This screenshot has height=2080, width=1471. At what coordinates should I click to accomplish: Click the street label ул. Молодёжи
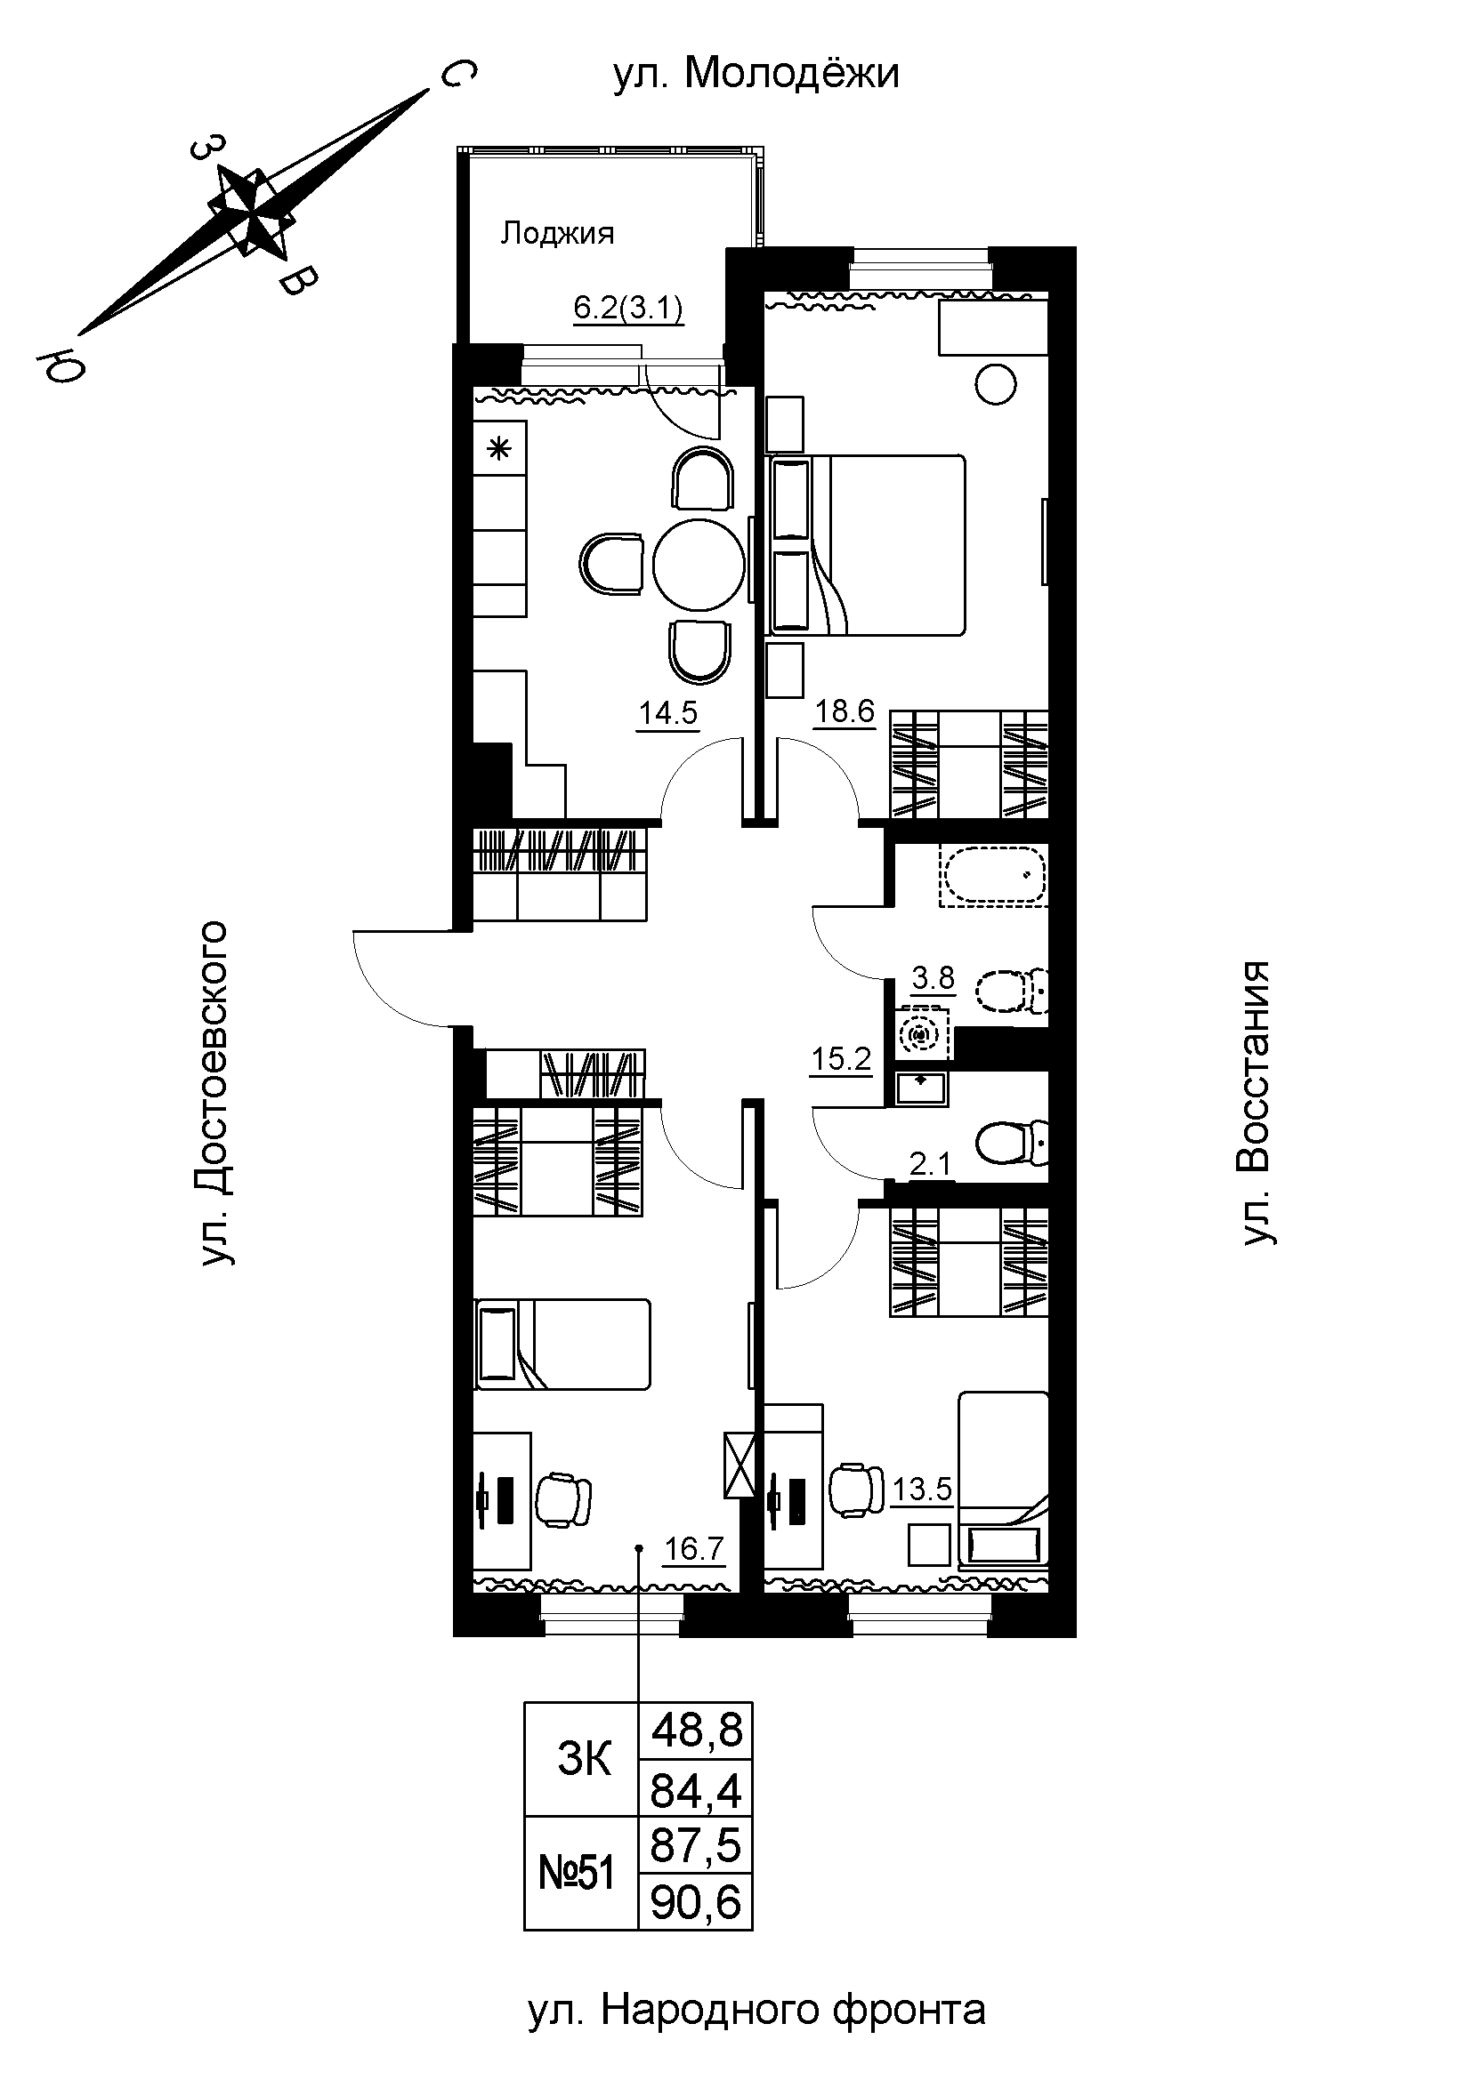tap(756, 75)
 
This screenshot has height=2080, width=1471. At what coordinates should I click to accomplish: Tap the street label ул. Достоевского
tap(212, 1094)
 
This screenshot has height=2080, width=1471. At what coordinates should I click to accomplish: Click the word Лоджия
tap(557, 234)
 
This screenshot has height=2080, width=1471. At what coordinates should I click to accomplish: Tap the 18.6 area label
tap(845, 712)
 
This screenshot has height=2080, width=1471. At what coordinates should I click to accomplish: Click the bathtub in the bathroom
tap(995, 876)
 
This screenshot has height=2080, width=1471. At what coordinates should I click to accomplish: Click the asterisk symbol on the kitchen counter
tap(499, 447)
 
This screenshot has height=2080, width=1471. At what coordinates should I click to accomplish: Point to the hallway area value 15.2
tap(842, 1058)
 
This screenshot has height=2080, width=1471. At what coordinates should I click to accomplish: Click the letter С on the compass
tap(458, 75)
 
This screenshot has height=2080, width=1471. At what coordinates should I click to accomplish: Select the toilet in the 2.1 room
tap(1013, 1144)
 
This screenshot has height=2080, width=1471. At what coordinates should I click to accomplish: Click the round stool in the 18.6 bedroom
tap(995, 384)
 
